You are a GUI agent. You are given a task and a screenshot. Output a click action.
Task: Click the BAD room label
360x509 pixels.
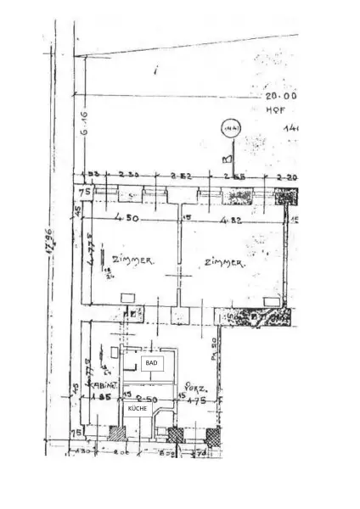coord(152,362)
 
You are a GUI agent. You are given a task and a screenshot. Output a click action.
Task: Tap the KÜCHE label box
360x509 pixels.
coord(138,408)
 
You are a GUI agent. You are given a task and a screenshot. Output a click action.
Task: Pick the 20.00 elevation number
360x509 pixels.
coord(279,97)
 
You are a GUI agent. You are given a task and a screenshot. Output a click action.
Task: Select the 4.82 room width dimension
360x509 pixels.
coord(232,221)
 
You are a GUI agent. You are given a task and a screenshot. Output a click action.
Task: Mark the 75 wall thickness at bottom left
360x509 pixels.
coord(76,433)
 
